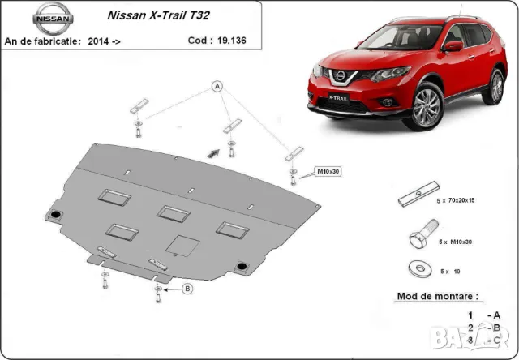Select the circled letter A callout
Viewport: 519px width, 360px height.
tap(217, 86)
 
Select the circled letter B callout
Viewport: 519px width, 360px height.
tap(187, 288)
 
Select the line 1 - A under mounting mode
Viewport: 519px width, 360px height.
tap(483, 315)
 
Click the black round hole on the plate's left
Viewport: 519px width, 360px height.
tap(55, 213)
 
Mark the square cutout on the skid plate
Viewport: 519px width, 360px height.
tap(180, 243)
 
